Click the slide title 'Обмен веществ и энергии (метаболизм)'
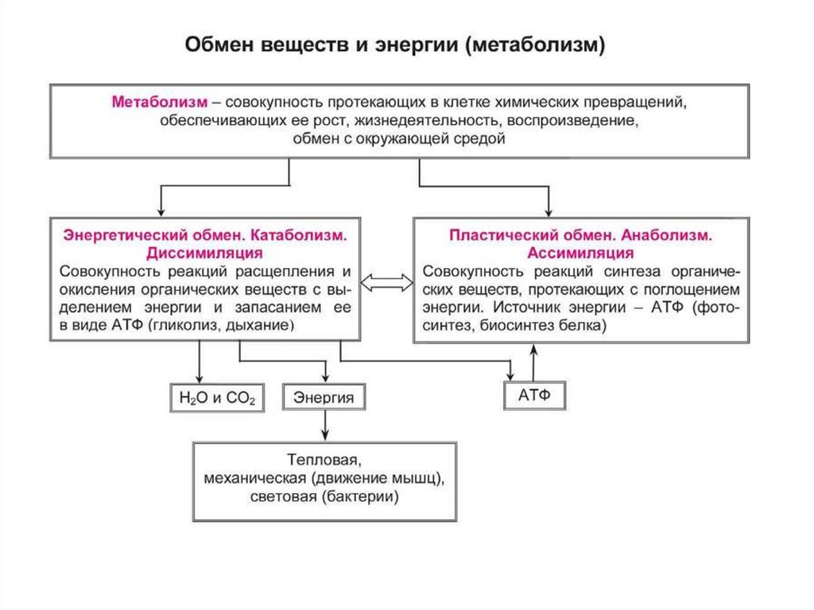point(395,45)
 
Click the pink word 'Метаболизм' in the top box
point(160,103)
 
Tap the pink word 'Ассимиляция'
point(580,253)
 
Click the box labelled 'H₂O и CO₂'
point(216,398)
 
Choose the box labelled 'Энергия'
point(324,398)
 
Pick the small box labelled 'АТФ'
point(534,394)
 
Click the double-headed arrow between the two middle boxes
point(387,282)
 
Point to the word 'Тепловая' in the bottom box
point(323,460)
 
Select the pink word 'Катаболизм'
point(302,236)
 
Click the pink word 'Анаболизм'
point(666,236)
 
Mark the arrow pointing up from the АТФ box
point(534,362)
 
